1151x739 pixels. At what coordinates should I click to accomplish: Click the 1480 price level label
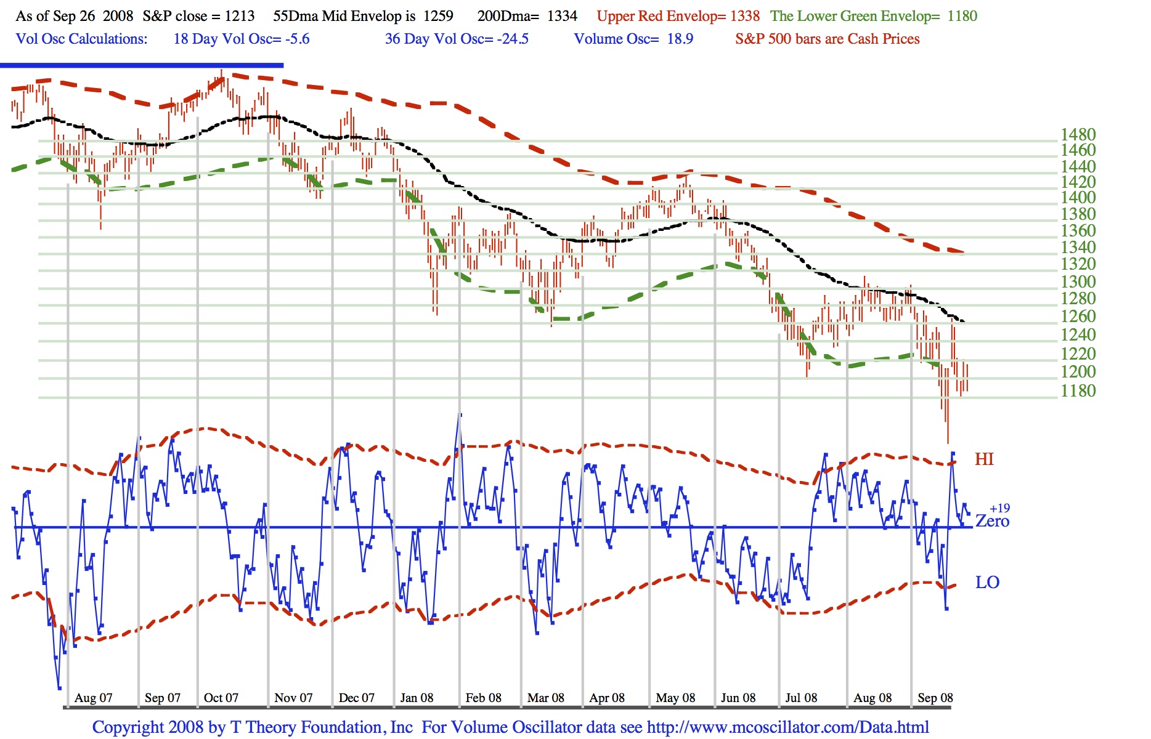point(1078,134)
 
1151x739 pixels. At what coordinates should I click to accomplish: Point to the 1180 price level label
point(1078,390)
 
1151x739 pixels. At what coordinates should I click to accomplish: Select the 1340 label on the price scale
point(1078,247)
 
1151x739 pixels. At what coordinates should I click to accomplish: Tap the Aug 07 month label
point(93,698)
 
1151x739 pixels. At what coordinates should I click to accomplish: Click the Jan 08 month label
point(417,698)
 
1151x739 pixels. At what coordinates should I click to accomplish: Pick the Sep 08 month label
point(935,698)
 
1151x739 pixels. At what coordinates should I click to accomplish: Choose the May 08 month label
point(675,698)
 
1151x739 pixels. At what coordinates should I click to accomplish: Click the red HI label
point(984,459)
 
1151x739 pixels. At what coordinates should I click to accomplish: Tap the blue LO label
point(987,583)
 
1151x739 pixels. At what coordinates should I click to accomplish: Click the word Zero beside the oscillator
point(992,522)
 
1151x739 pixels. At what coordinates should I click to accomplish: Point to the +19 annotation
point(999,508)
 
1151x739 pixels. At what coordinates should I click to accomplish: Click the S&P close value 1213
point(239,16)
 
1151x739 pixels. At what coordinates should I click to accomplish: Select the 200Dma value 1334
point(562,16)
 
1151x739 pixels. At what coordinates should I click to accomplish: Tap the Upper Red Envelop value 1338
point(744,16)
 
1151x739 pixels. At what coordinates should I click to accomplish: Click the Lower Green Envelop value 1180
point(962,16)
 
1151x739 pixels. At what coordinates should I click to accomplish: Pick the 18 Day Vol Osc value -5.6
point(296,39)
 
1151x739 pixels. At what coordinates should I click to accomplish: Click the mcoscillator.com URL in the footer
point(787,727)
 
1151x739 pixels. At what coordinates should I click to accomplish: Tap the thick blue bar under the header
point(142,65)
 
